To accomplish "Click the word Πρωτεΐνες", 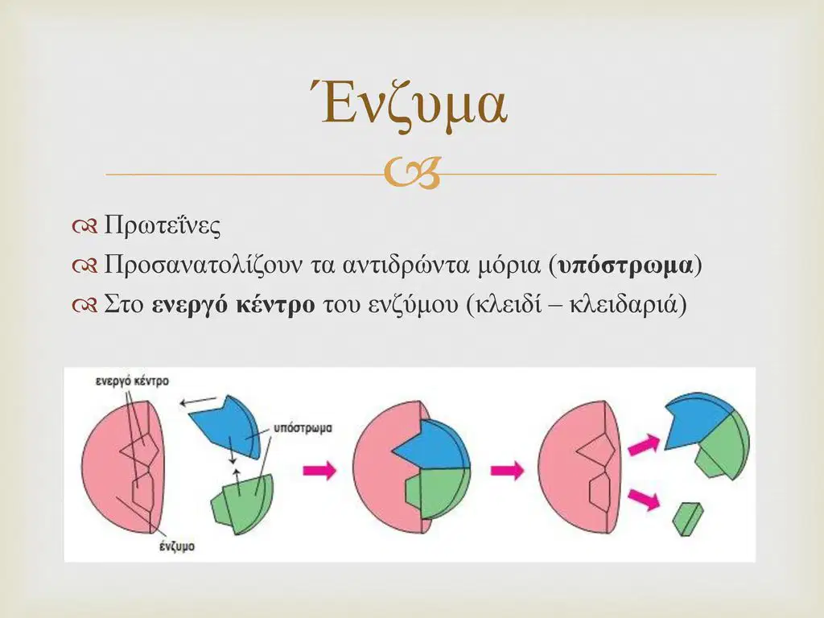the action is [162, 225].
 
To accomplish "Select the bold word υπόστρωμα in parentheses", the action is [625, 266].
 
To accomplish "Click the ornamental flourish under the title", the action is [411, 174].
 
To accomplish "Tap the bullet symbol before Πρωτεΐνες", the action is [84, 226].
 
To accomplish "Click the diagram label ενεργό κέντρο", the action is [132, 381].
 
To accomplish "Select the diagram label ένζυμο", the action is [177, 546].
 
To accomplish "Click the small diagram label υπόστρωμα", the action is [303, 428].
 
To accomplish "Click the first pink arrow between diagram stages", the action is [319, 469].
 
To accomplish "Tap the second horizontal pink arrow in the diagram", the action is [507, 469].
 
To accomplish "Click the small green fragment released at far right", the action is [688, 519].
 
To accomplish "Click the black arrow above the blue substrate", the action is [198, 402].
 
